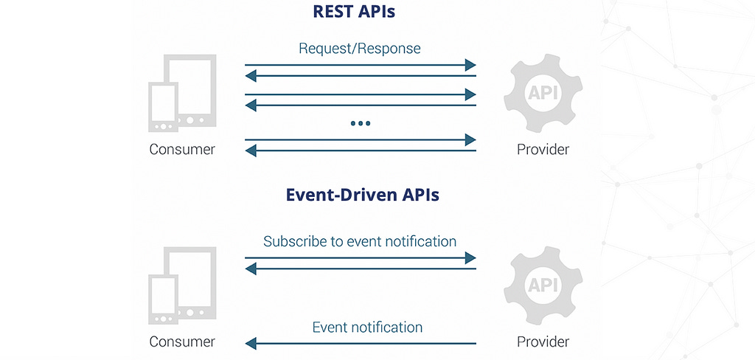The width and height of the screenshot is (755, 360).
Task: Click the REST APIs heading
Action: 353,12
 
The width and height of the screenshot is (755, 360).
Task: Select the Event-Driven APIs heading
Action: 362,195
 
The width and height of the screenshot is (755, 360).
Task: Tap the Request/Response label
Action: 360,49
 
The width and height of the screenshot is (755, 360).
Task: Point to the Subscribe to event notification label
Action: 360,241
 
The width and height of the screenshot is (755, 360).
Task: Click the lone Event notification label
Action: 367,328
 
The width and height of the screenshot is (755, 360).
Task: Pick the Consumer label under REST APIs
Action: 182,150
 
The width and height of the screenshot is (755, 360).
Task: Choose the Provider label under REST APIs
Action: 543,150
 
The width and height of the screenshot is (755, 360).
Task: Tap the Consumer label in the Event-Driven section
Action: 182,342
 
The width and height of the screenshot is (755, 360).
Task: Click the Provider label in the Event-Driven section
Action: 543,342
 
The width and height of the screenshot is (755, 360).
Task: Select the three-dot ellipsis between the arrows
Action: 360,123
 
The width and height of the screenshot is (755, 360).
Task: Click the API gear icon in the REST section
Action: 543,93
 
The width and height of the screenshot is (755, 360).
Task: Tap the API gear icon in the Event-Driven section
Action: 543,285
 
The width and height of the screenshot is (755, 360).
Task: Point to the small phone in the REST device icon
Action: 163,107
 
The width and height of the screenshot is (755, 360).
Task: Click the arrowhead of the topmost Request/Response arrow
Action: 470,65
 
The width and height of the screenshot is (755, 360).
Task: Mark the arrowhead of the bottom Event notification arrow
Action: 251,344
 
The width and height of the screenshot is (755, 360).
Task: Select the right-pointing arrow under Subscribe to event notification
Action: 361,258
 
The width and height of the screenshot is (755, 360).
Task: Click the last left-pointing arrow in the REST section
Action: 361,150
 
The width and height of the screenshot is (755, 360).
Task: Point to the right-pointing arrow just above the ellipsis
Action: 361,94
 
